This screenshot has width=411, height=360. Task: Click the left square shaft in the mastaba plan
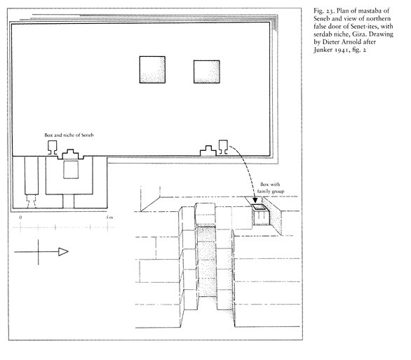(152, 69)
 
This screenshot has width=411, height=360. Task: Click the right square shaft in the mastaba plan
(206, 72)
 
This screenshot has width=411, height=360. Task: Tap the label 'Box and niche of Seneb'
(69, 135)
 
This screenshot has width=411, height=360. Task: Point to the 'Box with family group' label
(271, 188)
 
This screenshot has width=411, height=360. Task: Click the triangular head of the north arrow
(63, 252)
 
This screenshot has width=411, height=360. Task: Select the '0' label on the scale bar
(20, 218)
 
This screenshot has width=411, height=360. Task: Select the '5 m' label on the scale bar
(109, 218)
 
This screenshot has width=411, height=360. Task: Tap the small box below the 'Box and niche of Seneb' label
(52, 147)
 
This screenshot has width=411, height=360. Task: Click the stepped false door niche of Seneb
(70, 154)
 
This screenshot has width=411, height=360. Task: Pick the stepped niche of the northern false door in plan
(208, 151)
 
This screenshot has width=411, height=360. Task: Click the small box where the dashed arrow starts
(223, 147)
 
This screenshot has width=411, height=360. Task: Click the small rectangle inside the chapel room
(71, 170)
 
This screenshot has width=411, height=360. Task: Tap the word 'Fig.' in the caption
(318, 11)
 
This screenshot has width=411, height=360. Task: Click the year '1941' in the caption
(342, 50)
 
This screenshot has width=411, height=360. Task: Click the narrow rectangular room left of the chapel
(32, 175)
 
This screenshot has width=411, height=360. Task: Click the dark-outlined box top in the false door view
(260, 207)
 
